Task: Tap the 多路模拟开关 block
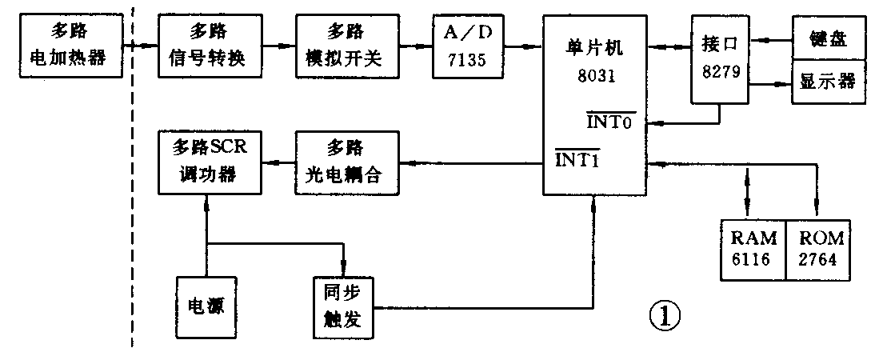(346, 46)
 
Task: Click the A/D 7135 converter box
(469, 46)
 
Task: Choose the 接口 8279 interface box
(719, 60)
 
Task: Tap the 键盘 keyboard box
(829, 37)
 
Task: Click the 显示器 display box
(829, 82)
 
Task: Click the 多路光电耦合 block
(346, 164)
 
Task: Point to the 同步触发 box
(344, 307)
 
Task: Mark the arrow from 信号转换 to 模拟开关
(280, 46)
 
